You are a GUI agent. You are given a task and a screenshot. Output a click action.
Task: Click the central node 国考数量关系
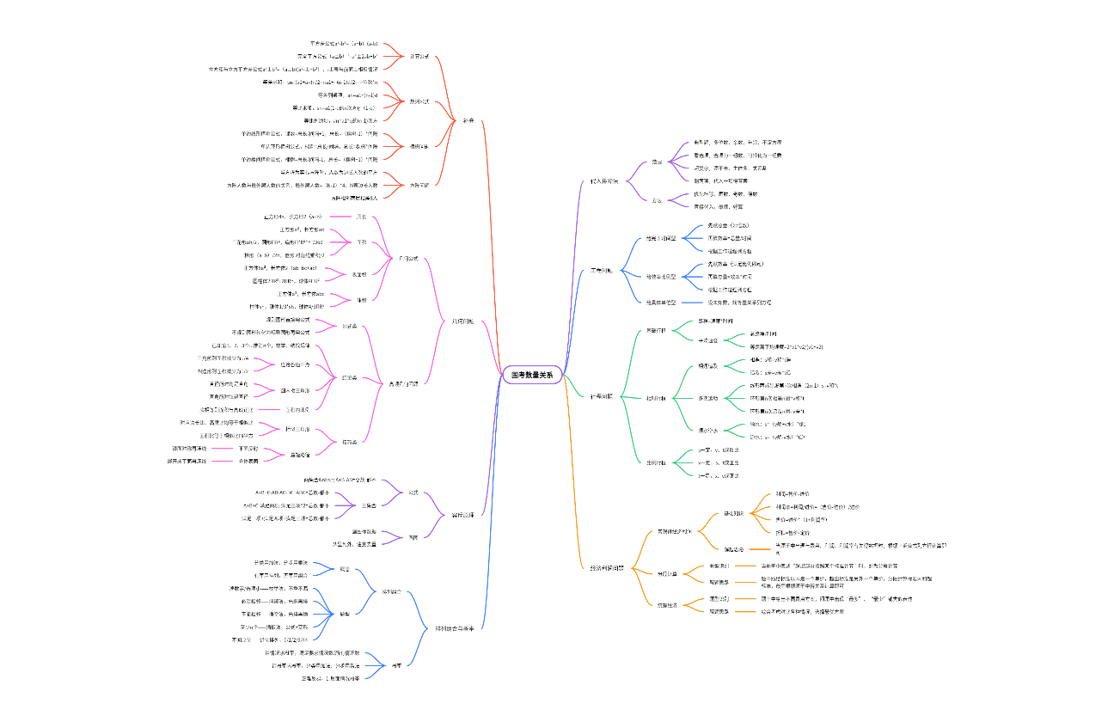coord(532,375)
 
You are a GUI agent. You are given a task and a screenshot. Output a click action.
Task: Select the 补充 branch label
coord(468,120)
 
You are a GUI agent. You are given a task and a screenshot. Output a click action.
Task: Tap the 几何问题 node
coord(462,322)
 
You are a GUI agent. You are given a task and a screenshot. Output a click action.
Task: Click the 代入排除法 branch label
coord(604,181)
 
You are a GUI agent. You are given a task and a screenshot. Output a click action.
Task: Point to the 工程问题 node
coord(602,271)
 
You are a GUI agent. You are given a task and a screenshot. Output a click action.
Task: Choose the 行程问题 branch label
coord(602,396)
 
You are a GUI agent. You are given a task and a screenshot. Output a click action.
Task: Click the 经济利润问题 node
coord(608,568)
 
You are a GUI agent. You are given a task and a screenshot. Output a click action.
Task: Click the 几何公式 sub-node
coord(408,259)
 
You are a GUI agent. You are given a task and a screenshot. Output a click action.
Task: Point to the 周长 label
coord(361,217)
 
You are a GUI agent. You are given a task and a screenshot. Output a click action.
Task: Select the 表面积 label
coord(358,275)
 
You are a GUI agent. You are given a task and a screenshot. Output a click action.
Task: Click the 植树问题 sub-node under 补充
coord(419,146)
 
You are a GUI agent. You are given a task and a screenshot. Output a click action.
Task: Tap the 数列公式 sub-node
coord(419,101)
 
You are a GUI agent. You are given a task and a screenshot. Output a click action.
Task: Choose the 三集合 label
coord(369,505)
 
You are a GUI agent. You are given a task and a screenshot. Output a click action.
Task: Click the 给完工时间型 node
coord(661,238)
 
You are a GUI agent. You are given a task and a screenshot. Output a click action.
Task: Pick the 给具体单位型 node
coord(661,303)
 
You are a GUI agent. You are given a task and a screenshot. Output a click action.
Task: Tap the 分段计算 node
coord(667,574)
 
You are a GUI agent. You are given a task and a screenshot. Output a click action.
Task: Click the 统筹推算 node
coord(667,605)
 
